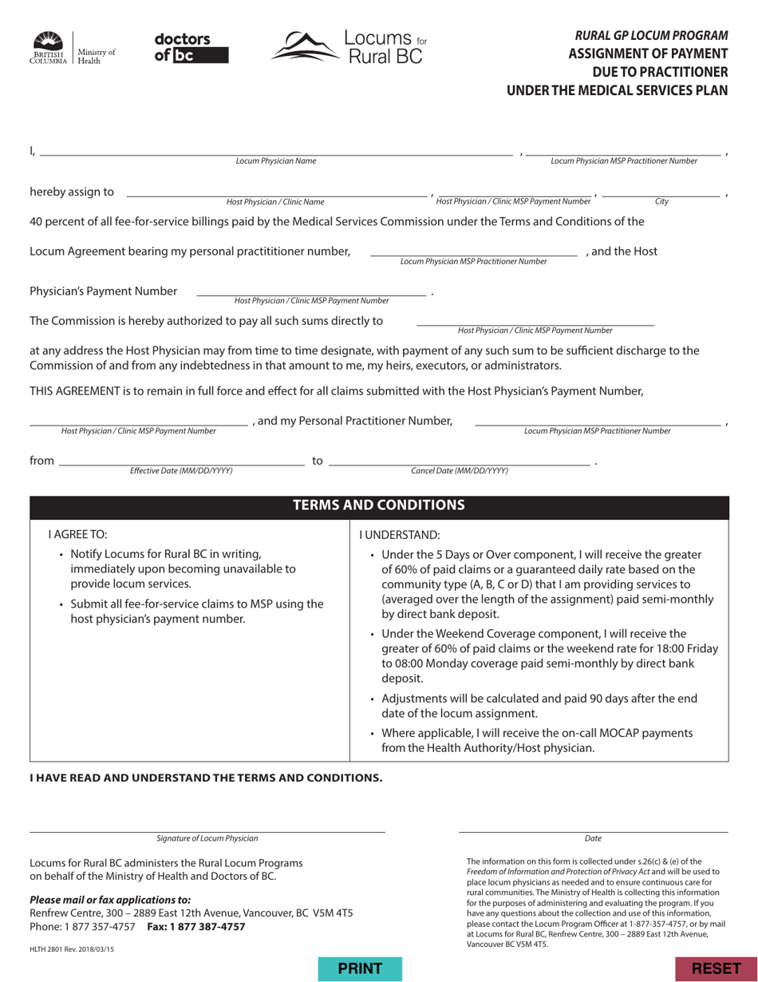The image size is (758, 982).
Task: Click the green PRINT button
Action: [361, 968]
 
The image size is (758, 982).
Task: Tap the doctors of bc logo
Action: [191, 47]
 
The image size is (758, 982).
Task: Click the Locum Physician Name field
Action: [275, 149]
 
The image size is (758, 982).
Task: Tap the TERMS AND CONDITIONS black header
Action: [379, 505]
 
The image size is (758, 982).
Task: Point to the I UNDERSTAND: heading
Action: [399, 534]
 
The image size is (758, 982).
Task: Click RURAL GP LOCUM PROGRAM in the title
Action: [651, 35]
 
